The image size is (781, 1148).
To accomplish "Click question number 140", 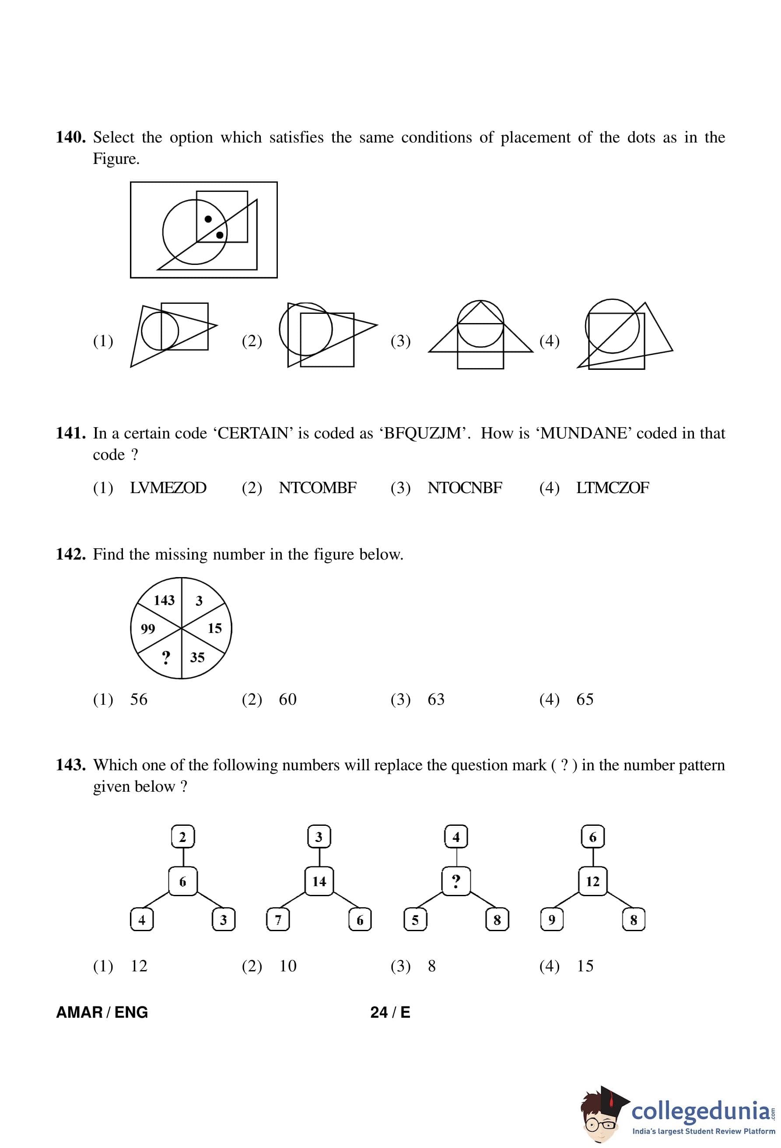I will [x=71, y=137].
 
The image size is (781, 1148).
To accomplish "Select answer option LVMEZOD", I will [x=168, y=488].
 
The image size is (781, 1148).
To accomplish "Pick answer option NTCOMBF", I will [x=317, y=488].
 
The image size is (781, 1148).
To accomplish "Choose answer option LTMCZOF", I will [x=613, y=488].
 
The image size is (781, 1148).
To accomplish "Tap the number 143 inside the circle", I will [x=164, y=600].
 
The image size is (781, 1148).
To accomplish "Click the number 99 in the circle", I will [x=148, y=629].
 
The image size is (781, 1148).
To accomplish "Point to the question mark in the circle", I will [x=166, y=657].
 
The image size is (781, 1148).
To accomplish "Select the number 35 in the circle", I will [x=197, y=657].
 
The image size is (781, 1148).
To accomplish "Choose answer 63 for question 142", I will [x=436, y=699].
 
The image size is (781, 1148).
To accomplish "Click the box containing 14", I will [x=319, y=881].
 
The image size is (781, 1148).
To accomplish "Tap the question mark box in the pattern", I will [x=456, y=881].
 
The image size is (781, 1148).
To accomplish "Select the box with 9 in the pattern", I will [x=552, y=920].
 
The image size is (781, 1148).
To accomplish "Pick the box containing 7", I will [x=278, y=920].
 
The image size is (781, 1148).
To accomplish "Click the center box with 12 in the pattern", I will [x=593, y=881].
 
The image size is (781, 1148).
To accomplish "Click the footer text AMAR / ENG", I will [x=102, y=1012].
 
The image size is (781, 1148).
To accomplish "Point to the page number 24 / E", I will [x=390, y=1012].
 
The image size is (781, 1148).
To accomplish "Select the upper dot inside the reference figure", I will [x=208, y=219].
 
